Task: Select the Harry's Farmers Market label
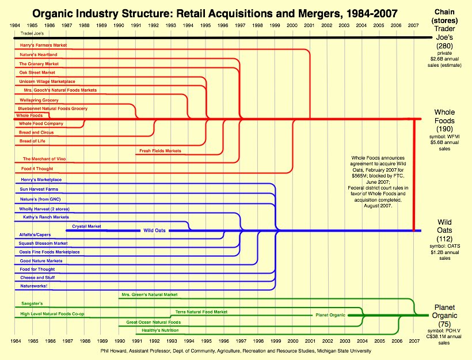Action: (43, 45)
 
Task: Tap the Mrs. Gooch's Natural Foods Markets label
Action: (60, 90)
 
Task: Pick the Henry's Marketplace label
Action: (41, 180)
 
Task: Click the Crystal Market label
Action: (86, 226)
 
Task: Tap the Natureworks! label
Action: (34, 286)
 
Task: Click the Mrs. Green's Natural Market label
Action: (149, 294)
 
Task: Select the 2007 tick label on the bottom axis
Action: (413, 342)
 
